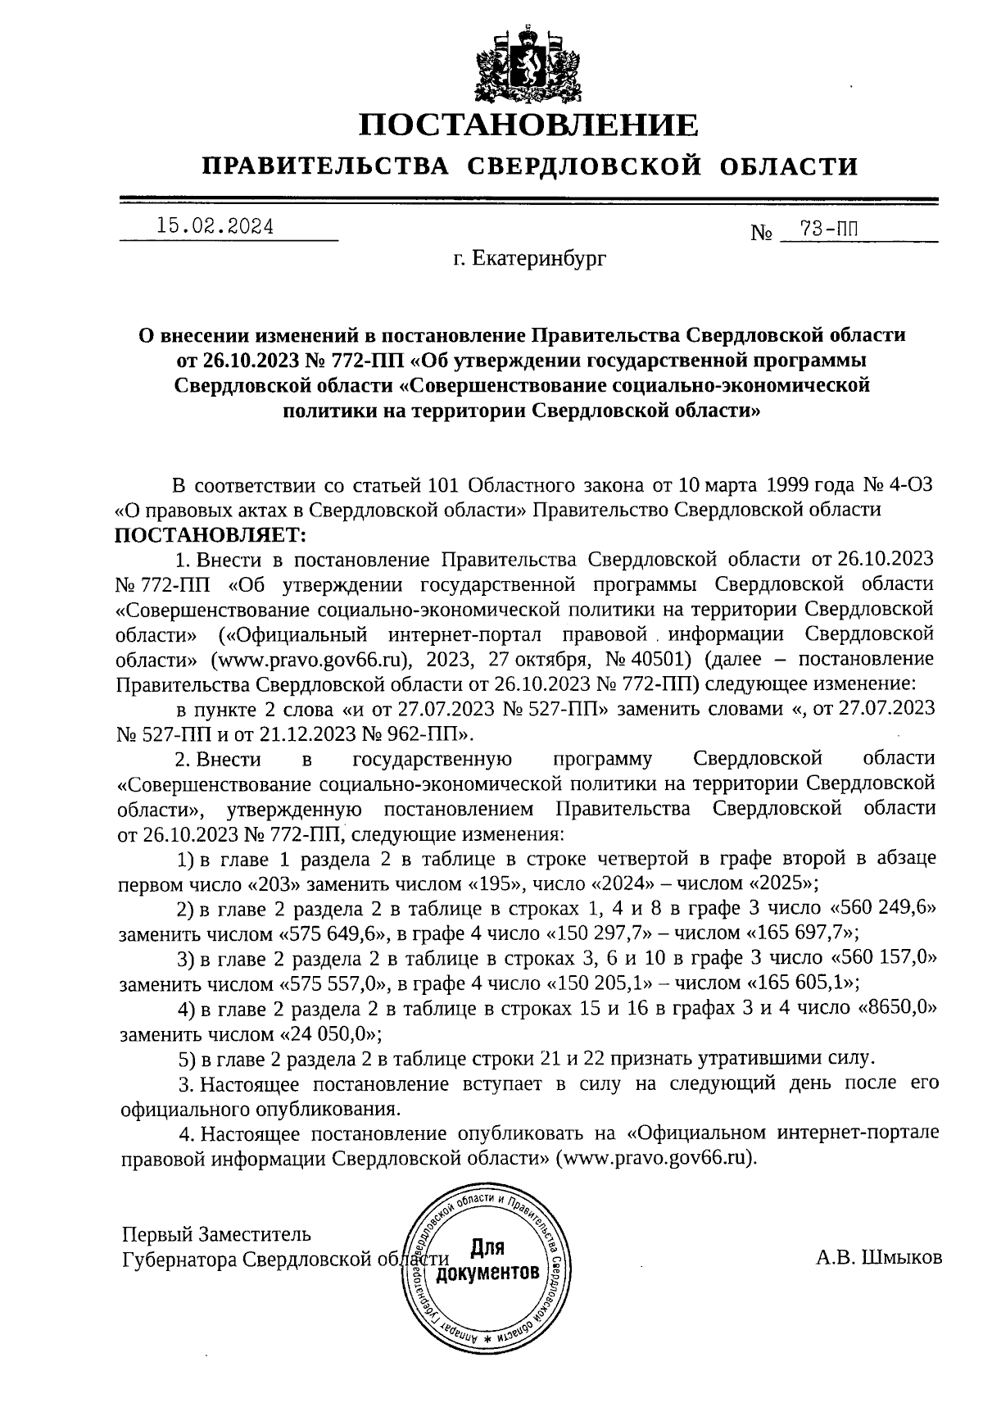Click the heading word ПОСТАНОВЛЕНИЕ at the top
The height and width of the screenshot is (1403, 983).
[x=529, y=125]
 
